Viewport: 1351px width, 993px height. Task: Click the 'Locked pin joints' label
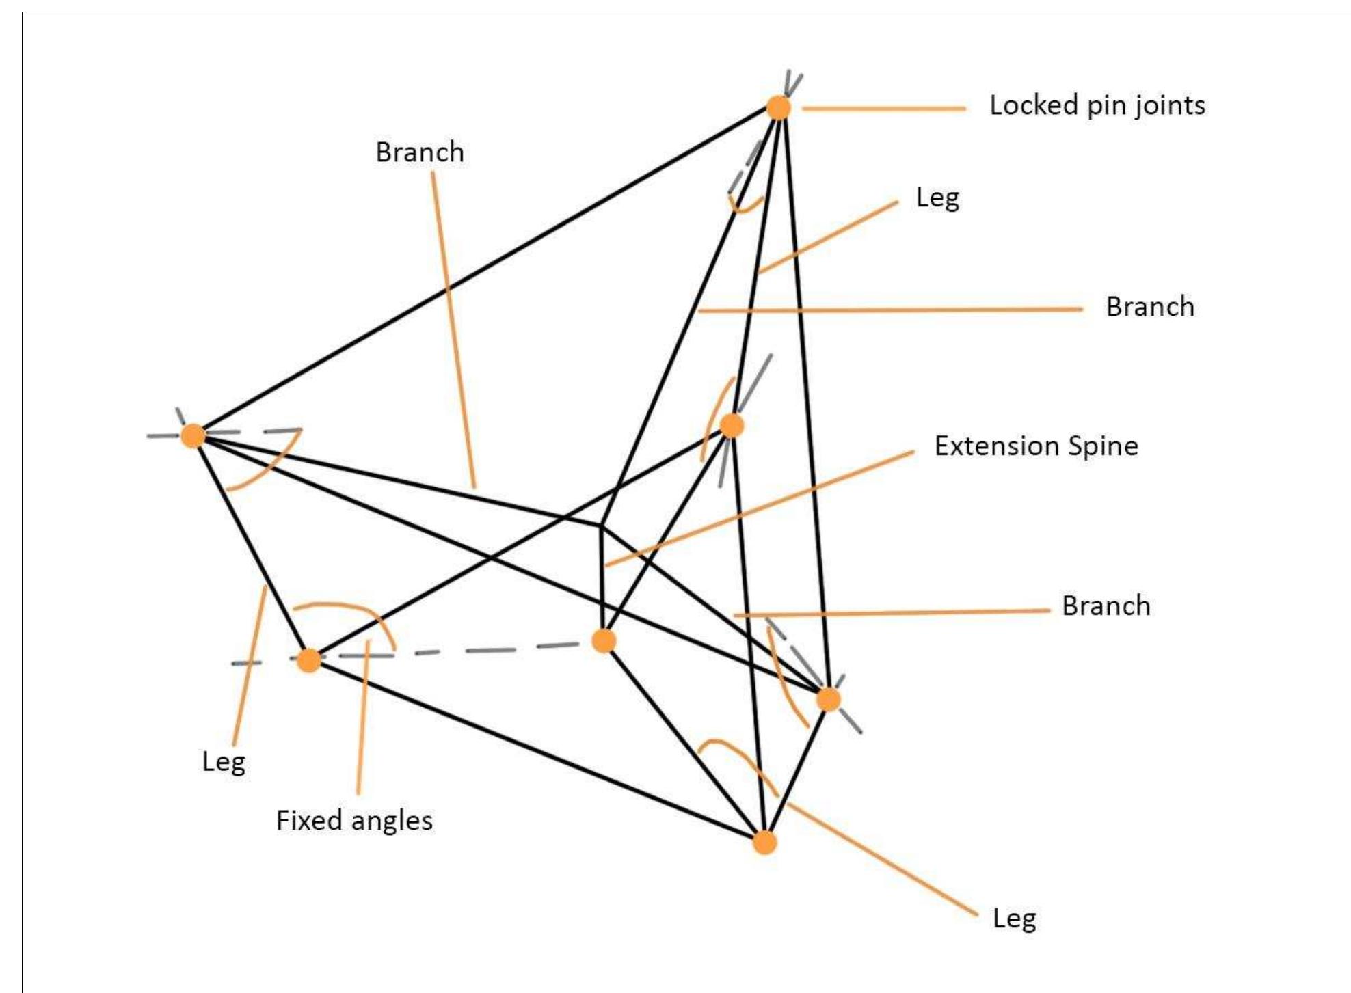[x=1097, y=106]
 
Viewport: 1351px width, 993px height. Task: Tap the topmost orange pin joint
[x=778, y=108]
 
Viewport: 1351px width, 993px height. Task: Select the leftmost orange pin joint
[x=193, y=435]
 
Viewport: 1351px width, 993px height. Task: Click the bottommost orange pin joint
[x=764, y=842]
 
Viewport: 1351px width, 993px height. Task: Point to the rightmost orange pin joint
[x=828, y=699]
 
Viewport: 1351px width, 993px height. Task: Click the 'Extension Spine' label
[x=1036, y=446]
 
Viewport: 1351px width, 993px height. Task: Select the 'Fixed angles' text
[x=354, y=821]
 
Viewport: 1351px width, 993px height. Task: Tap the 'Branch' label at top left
[x=419, y=152]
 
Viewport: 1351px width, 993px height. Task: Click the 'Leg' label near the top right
[x=937, y=198]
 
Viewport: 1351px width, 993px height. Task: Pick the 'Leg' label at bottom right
[x=1014, y=919]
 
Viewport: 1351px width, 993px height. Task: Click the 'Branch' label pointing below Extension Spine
[x=1106, y=606]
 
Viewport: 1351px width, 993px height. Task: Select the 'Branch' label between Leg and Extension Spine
[x=1150, y=307]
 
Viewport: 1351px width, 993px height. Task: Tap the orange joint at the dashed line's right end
[x=603, y=641]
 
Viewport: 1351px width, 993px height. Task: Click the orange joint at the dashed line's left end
[x=309, y=660]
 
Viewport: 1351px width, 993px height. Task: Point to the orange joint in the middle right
[x=732, y=425]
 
